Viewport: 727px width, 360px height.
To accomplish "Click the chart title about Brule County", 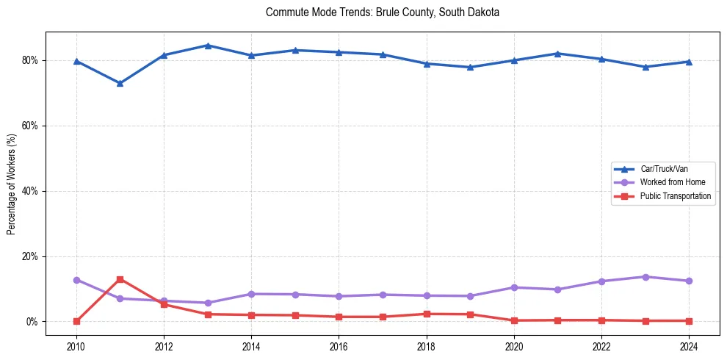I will [x=383, y=12].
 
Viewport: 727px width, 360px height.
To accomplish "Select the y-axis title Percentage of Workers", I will [x=12, y=184].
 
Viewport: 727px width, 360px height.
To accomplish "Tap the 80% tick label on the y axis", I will [x=31, y=60].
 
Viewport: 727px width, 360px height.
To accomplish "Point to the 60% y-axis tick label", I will [x=31, y=126].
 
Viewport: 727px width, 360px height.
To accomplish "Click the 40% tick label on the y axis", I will [x=31, y=191].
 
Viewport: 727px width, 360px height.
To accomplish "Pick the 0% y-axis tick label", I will [x=33, y=322].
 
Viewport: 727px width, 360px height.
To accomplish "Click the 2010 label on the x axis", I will [x=76, y=345].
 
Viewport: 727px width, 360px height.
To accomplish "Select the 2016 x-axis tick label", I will [x=339, y=345].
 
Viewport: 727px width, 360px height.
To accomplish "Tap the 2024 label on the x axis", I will [x=689, y=345].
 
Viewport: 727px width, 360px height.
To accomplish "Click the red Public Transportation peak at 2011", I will [x=120, y=279].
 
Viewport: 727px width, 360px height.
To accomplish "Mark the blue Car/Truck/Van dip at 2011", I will [x=120, y=83].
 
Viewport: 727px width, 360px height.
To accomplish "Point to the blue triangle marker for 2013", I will [x=208, y=46].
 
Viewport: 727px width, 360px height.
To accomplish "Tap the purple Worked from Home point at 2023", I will [x=645, y=277].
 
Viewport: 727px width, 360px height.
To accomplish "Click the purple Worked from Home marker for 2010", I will [x=76, y=280].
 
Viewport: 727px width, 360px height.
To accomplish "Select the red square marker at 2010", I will [x=76, y=321].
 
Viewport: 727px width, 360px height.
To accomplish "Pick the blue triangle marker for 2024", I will [x=689, y=62].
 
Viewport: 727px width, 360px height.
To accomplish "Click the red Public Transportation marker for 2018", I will [x=427, y=314].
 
